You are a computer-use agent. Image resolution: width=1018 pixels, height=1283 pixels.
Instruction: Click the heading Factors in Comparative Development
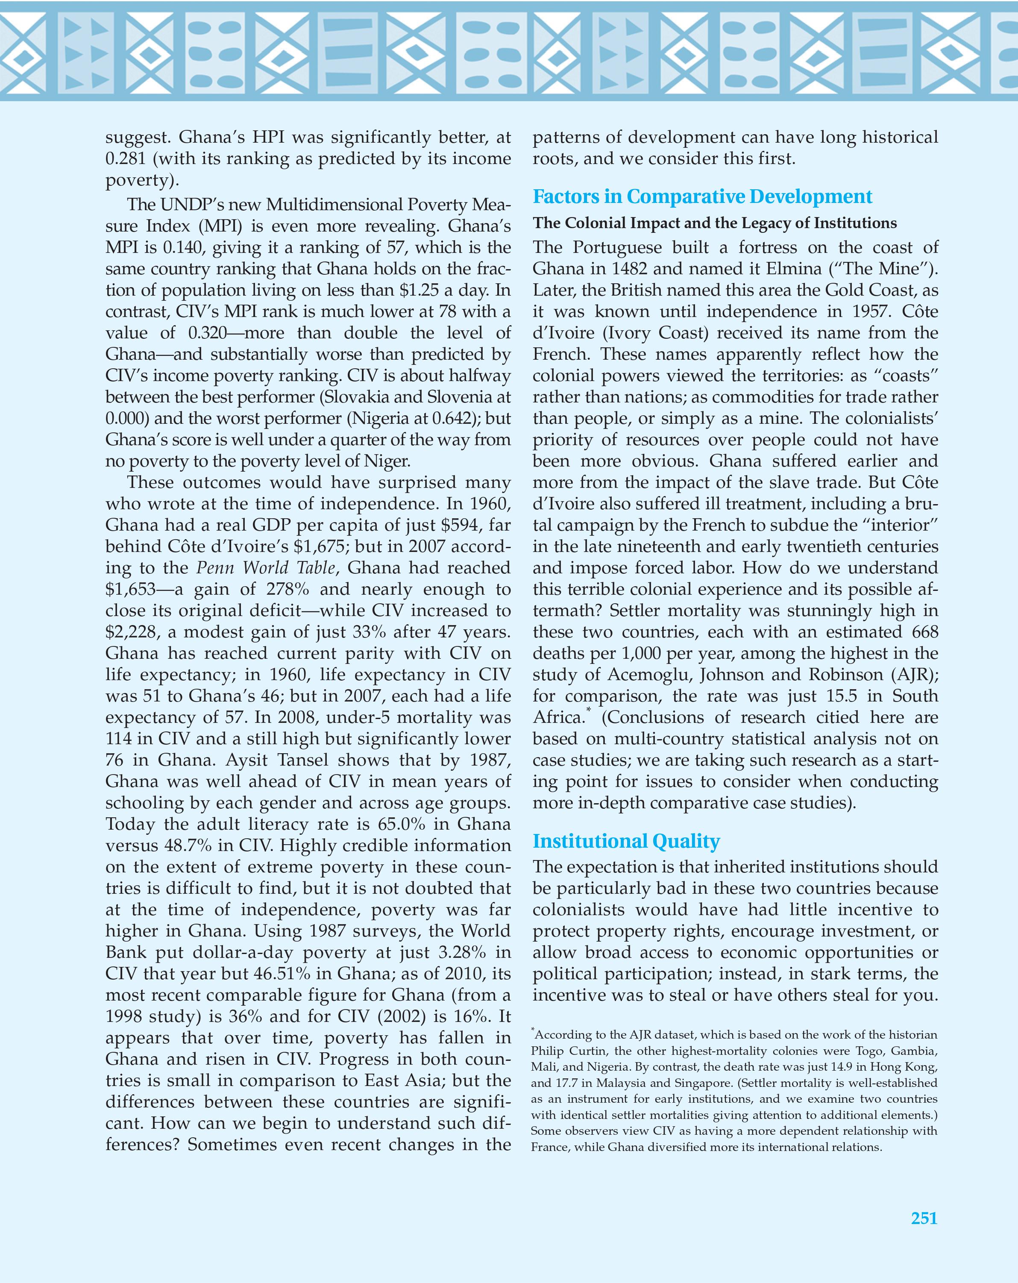(x=702, y=197)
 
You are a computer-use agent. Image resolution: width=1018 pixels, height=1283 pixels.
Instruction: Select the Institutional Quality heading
(x=626, y=841)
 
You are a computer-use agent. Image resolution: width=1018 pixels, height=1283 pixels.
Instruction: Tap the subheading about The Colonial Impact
(x=714, y=223)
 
